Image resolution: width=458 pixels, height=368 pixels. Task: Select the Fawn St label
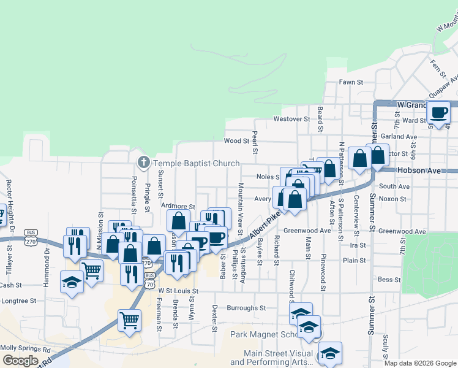(x=351, y=82)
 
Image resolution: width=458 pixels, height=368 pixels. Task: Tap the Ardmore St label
(x=178, y=207)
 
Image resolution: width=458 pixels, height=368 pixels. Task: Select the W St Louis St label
(x=178, y=291)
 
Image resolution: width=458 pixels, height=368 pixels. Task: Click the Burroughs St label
(x=246, y=308)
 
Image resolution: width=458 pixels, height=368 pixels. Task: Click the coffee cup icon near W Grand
(x=438, y=112)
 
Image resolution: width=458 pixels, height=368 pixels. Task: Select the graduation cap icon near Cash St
(x=72, y=282)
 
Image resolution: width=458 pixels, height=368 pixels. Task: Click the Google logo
(x=20, y=361)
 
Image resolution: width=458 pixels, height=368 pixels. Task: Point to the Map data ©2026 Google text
(x=420, y=363)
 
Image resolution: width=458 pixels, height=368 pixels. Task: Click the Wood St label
(x=236, y=141)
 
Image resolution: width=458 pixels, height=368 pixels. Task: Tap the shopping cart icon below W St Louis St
(x=129, y=319)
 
